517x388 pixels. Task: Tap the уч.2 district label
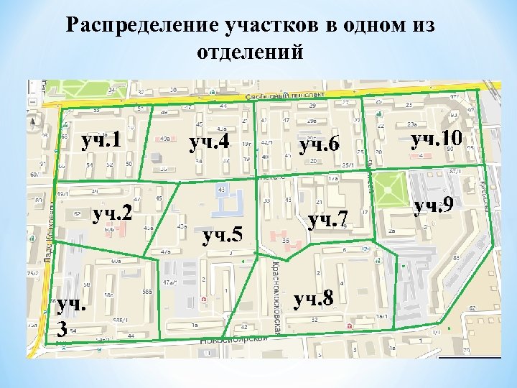(x=114, y=213)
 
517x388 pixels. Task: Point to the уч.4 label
(x=209, y=142)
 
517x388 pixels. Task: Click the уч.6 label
(x=319, y=146)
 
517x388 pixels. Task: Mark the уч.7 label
(x=327, y=217)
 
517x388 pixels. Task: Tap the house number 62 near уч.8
(x=472, y=308)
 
